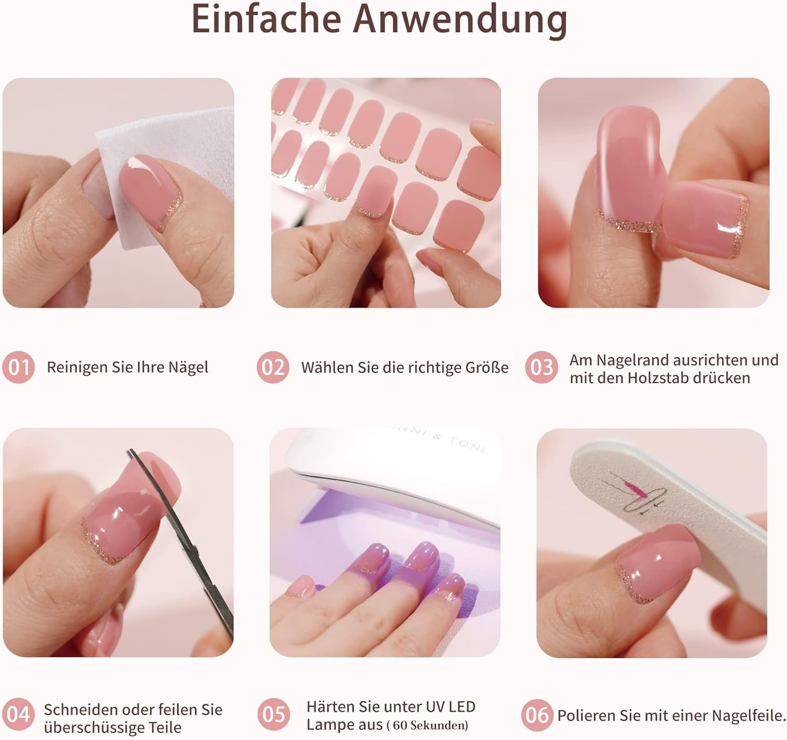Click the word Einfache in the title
267,19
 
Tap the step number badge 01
18,367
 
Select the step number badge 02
273,367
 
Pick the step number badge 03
541,367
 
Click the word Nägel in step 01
188,367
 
